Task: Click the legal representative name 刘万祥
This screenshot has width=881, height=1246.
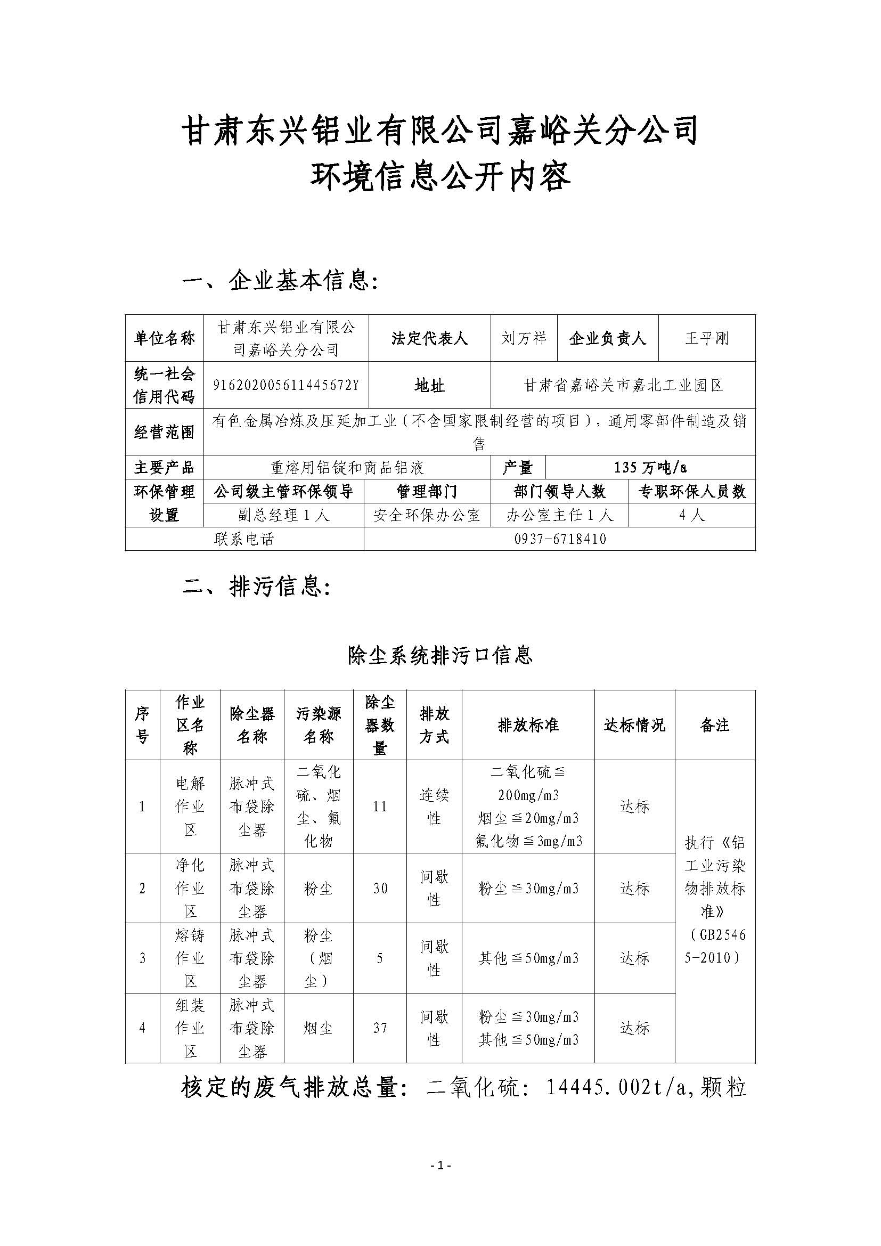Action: click(x=524, y=338)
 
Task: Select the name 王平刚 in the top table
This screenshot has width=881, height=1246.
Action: click(x=706, y=338)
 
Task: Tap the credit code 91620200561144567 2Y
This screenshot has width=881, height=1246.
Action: click(x=286, y=385)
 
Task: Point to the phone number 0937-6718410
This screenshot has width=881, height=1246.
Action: click(x=560, y=539)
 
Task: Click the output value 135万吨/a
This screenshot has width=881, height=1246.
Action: click(x=650, y=467)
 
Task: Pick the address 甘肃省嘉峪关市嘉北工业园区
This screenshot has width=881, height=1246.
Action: click(x=623, y=385)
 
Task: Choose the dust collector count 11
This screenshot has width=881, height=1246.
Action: click(x=380, y=807)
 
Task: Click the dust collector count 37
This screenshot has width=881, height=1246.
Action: click(x=380, y=1028)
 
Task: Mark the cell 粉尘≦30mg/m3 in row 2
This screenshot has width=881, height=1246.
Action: click(x=528, y=889)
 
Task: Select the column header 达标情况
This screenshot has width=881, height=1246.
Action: click(x=634, y=725)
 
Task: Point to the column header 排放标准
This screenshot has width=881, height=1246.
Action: click(x=528, y=725)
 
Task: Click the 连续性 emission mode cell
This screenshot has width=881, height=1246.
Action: click(x=434, y=807)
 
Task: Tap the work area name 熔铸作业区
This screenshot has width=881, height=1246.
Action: click(x=190, y=958)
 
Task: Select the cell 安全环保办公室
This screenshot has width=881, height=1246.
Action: click(x=427, y=515)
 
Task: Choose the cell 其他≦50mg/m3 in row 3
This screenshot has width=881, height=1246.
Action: click(x=528, y=958)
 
